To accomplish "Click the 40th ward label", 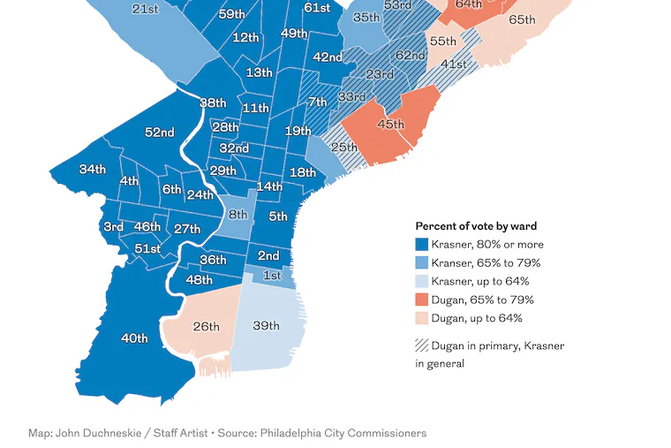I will (134, 338).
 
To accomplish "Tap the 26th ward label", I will (206, 327).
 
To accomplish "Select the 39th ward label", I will (266, 326).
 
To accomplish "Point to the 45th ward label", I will (390, 125).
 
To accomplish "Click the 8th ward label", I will (237, 215).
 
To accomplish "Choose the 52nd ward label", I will (159, 133).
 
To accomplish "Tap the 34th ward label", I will (92, 170).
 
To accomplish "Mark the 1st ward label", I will (272, 276).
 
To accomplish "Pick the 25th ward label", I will (343, 147).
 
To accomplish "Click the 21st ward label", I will (145, 9).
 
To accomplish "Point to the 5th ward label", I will (278, 216).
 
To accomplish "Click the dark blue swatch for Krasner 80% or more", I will (422, 245).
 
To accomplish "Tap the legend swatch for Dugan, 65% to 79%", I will (422, 300).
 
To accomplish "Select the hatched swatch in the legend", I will (422, 345).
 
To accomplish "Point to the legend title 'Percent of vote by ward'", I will (476, 226).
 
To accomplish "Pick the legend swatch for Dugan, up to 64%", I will (422, 318).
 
